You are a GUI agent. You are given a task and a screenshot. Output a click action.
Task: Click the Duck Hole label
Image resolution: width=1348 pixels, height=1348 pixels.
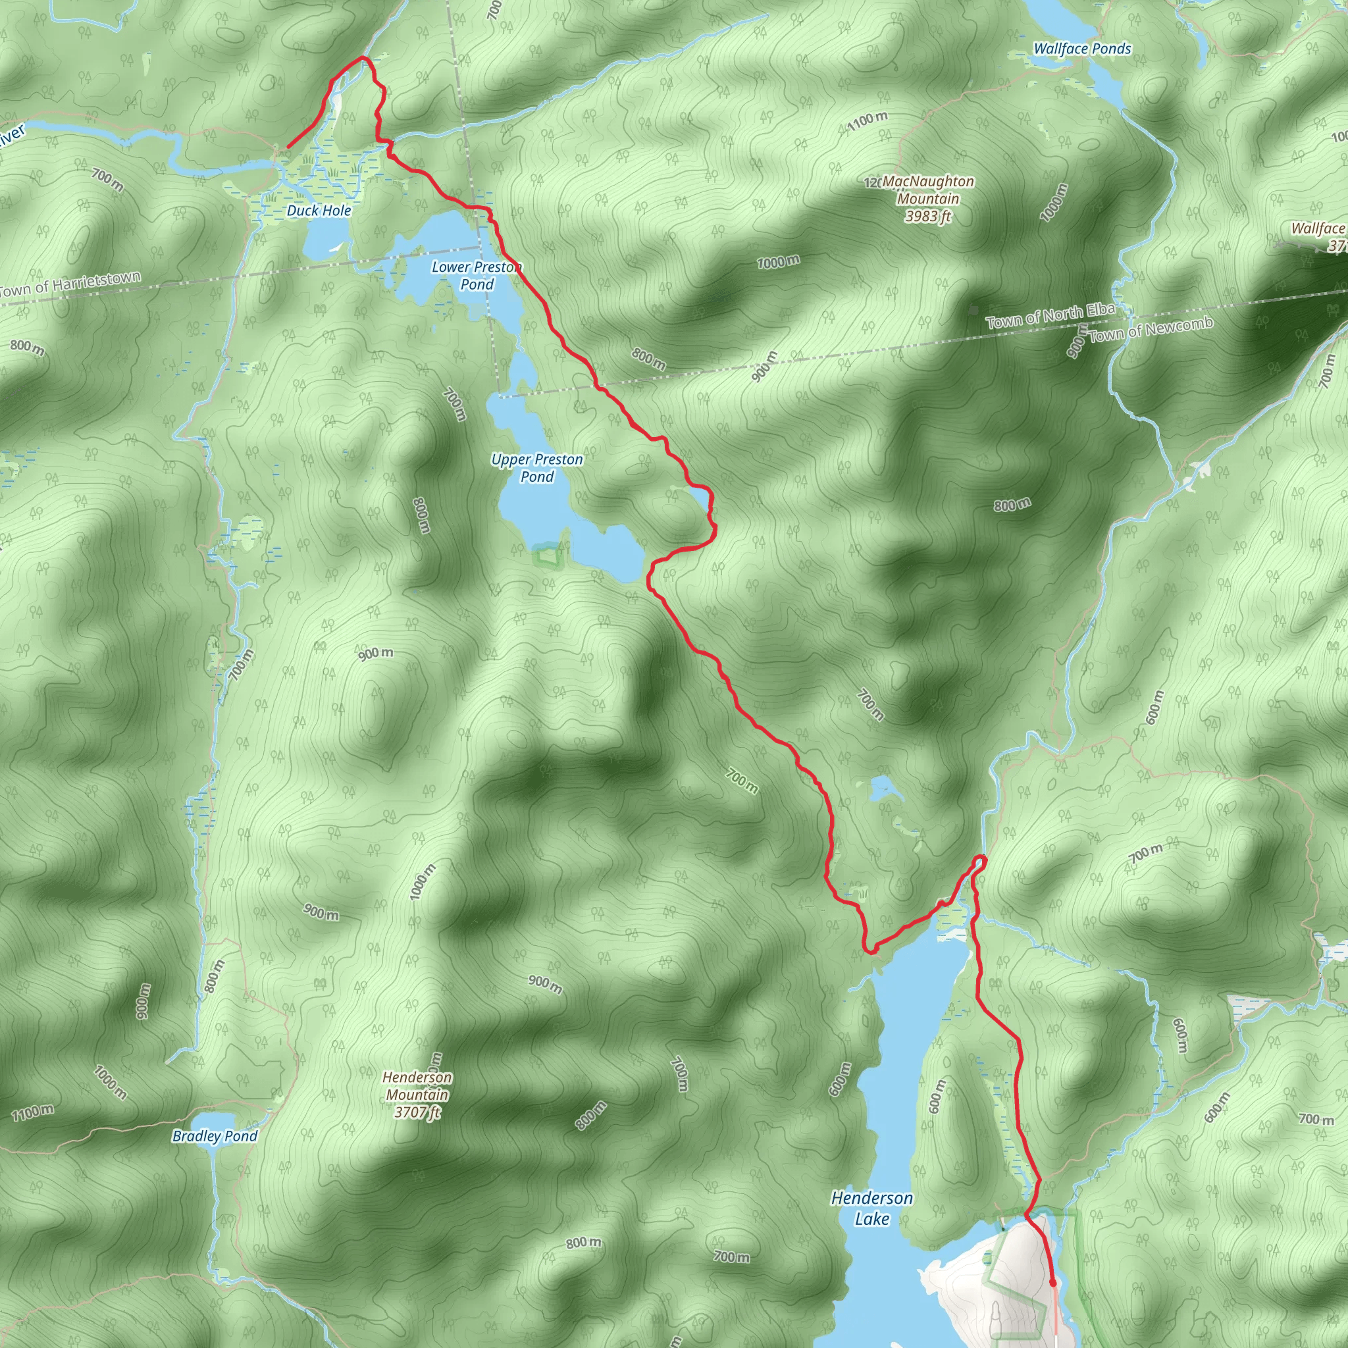tap(319, 211)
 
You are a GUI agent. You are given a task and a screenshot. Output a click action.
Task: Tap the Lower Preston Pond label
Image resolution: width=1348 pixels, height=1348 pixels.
tap(477, 276)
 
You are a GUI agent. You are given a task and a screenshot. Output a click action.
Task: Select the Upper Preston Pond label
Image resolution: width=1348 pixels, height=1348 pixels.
tap(536, 468)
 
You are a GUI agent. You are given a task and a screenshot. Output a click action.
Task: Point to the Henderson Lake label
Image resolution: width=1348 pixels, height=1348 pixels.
tap(871, 1208)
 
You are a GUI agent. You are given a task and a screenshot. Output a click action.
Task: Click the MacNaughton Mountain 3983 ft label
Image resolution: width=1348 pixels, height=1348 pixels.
tap(928, 199)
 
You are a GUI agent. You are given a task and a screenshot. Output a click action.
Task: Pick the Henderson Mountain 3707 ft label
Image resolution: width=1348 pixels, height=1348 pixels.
tap(418, 1095)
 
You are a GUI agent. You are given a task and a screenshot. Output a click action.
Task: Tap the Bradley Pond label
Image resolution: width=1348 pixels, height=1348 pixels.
tap(215, 1137)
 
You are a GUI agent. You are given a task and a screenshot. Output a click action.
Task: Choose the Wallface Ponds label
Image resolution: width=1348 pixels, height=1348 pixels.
tap(1082, 49)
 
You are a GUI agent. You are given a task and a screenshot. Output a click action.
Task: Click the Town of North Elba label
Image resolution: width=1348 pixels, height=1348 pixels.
tap(1050, 316)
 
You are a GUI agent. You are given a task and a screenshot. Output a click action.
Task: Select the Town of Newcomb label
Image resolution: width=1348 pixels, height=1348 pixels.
tap(1151, 329)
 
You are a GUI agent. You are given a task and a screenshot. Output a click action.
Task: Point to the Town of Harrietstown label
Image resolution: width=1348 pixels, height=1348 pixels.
tap(70, 284)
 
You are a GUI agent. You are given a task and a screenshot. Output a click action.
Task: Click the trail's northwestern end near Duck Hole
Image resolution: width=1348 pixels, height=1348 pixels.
tap(288, 147)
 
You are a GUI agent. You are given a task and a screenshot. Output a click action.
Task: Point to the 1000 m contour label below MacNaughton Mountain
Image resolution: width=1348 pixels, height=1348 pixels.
tap(779, 263)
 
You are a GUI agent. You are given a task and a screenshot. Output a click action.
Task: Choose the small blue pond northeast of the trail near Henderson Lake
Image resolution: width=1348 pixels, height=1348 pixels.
tap(882, 790)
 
